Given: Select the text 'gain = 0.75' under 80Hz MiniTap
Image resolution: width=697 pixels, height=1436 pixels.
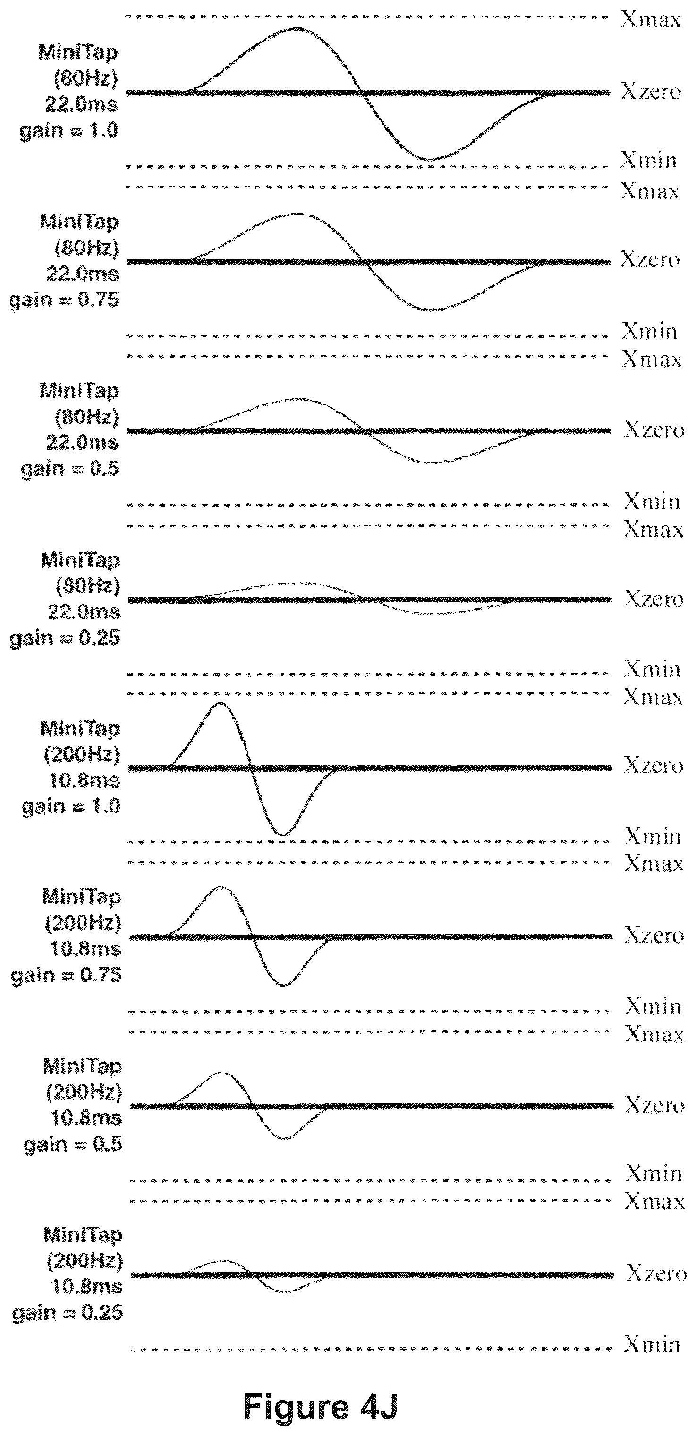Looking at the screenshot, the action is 65,301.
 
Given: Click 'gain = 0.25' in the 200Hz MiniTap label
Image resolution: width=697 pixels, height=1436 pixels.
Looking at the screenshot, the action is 68,1313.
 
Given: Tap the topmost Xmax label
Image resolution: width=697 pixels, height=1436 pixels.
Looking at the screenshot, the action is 651,19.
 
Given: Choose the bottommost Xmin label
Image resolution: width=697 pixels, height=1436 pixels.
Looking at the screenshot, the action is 652,1345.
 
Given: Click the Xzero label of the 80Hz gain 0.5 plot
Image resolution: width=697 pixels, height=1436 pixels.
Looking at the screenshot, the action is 654,430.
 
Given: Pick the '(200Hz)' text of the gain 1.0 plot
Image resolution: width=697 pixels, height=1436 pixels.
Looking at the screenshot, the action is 82,754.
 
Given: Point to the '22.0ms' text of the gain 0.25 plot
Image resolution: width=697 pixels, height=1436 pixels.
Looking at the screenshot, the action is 84,611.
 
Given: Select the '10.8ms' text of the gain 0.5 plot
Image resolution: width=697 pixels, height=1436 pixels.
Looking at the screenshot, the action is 86,1118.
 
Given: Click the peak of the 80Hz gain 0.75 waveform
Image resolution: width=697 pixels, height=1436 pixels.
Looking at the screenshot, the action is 298,214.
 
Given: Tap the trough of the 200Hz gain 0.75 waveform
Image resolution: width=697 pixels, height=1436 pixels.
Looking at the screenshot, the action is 284,985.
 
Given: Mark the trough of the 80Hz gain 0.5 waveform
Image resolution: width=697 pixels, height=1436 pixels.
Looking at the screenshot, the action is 432,462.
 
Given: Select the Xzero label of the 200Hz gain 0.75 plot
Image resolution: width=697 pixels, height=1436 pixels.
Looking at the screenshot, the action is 654,935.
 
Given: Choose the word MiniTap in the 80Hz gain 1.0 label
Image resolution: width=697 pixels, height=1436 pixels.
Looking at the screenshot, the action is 78,53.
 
